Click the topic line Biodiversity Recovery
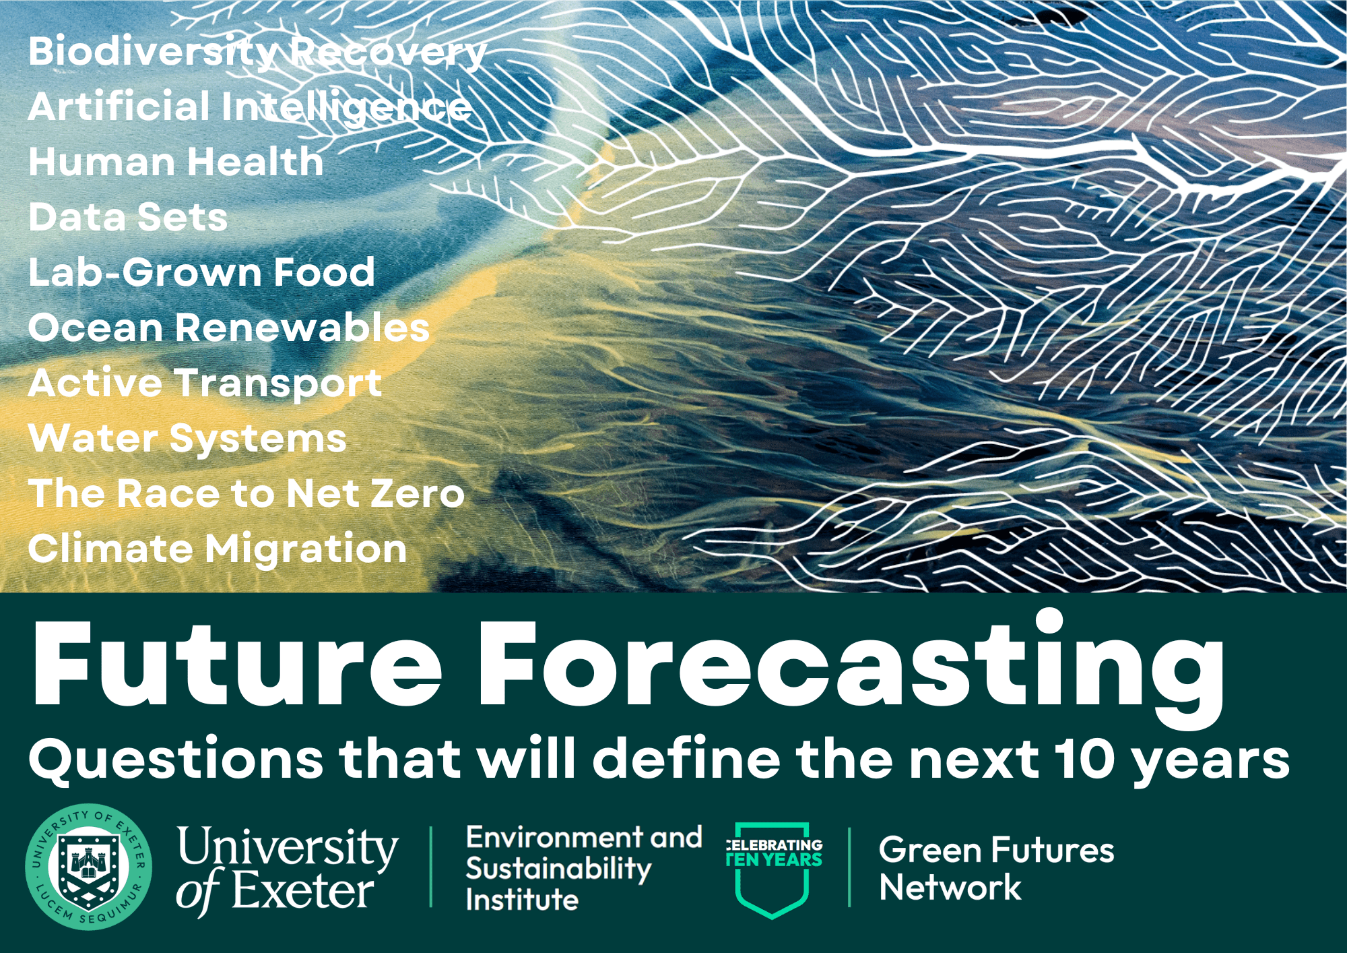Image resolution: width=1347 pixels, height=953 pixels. pos(257,52)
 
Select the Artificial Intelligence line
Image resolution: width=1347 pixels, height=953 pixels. pos(249,107)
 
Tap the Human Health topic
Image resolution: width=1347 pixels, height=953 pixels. pos(176,162)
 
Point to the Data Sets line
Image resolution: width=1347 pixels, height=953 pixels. pos(128,218)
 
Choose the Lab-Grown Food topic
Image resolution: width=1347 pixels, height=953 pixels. pos(201,272)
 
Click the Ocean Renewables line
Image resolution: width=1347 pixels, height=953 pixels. pos(228,328)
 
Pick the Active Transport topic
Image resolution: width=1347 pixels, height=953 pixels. pos(205,383)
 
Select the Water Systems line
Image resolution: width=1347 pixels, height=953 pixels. pos(187,438)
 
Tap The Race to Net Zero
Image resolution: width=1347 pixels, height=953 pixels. pos(247,493)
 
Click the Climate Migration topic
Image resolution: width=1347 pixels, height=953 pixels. pos(218,549)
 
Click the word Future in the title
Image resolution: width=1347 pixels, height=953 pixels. pos(236,664)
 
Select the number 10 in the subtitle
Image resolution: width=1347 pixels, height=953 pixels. pos(1086,758)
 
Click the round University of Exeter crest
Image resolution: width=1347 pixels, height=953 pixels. pos(88,867)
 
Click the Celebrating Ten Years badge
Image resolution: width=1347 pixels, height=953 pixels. pos(773,868)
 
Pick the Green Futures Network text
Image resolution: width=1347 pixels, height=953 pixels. pos(995,868)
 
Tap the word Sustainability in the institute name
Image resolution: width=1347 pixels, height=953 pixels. pos(558,869)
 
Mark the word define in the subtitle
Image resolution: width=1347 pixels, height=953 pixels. pos(686,758)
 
